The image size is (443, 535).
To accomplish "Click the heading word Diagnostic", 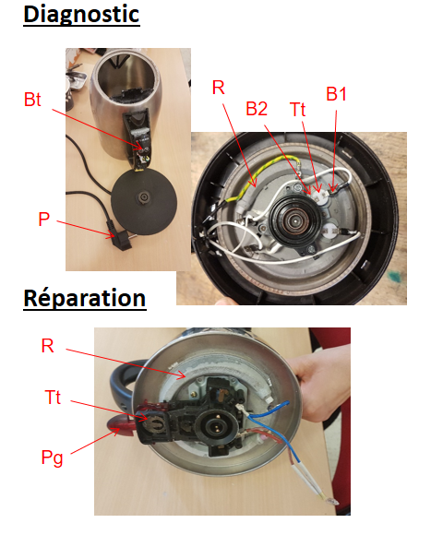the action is (x=81, y=15).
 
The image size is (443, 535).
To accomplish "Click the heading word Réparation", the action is (x=85, y=299).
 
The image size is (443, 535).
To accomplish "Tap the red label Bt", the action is (x=32, y=100).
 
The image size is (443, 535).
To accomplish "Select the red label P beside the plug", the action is (x=43, y=219).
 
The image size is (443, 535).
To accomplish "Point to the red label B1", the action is (x=336, y=94).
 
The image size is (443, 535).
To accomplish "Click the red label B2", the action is (x=257, y=109).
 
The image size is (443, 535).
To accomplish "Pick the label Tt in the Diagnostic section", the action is (x=297, y=110).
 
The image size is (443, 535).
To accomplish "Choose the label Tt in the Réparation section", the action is (x=53, y=398).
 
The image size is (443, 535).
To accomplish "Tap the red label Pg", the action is (x=52, y=458).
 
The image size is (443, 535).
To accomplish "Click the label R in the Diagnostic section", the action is (x=219, y=88).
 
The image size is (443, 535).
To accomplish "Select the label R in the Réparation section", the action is (x=47, y=346).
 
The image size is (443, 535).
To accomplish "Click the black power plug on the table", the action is (x=119, y=237).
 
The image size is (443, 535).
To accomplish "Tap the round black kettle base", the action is (x=144, y=200).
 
